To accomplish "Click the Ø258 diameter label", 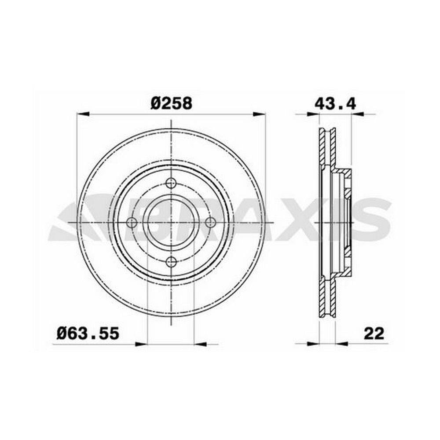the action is (171, 103).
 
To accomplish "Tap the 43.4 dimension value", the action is (335, 104).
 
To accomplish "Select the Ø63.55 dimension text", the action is (88, 334).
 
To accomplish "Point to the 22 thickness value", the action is (374, 334).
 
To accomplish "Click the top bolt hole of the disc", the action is (171, 183).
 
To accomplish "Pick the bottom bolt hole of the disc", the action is (171, 262).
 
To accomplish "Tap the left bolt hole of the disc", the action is (132, 223).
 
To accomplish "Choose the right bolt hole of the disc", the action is (210, 223).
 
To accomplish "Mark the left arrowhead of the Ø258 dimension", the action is (83, 114).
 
